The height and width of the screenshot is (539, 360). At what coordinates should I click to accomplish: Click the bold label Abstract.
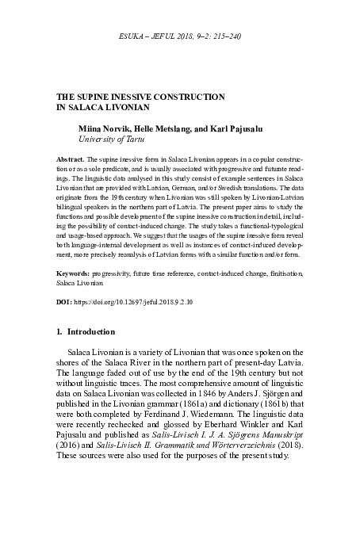[x=73, y=159]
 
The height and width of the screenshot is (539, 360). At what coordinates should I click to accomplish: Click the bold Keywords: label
[x=77, y=271]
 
